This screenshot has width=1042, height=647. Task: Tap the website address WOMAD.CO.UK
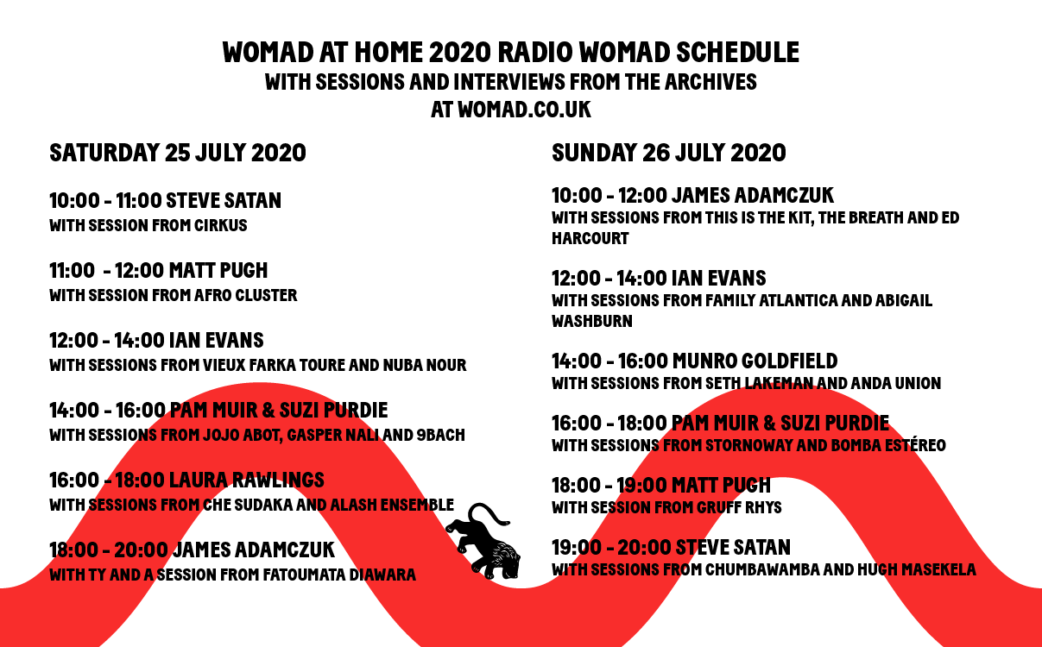tap(524, 110)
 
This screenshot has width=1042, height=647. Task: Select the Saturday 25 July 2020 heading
tap(178, 153)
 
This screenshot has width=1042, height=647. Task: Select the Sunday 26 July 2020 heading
tap(668, 153)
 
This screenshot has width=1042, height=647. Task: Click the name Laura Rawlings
tap(247, 481)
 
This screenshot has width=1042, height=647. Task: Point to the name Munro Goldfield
tap(755, 361)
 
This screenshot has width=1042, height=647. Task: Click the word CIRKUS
tap(220, 225)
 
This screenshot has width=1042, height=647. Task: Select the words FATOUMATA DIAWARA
tap(339, 575)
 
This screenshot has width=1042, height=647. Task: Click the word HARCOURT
tap(590, 238)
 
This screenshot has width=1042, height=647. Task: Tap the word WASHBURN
tap(591, 321)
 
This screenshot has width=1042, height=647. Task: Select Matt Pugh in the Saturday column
tap(218, 271)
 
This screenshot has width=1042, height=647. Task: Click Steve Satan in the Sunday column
tap(733, 548)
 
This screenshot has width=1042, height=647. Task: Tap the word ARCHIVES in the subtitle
tap(710, 82)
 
